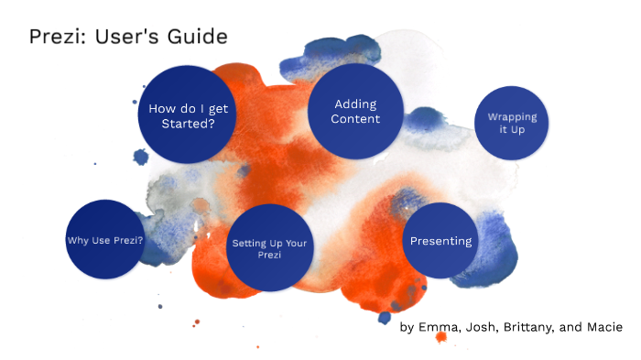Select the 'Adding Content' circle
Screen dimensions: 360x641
click(355, 112)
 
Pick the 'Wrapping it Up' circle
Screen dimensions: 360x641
click(512, 124)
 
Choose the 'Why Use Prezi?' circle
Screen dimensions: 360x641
click(105, 240)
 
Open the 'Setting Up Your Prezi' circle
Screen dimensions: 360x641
click(269, 248)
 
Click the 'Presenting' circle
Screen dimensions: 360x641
click(440, 241)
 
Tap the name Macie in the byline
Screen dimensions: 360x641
click(604, 327)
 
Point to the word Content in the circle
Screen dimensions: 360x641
click(355, 120)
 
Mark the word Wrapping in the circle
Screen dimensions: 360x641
click(512, 117)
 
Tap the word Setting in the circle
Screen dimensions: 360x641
click(245, 243)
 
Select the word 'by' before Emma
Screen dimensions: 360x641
click(407, 328)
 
